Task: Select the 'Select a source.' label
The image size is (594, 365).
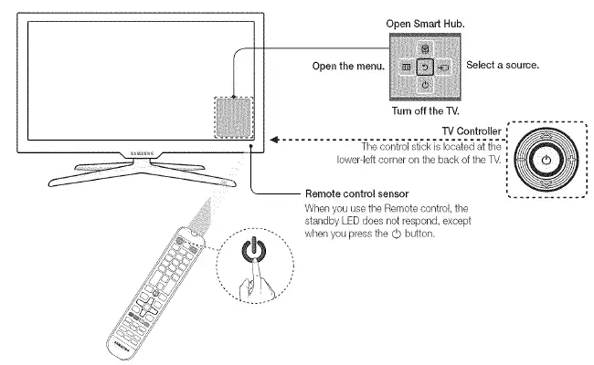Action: point(503,66)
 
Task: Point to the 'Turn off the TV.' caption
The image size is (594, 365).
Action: point(425,110)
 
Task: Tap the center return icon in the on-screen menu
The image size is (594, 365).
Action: point(424,67)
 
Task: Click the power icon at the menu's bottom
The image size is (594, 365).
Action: point(424,85)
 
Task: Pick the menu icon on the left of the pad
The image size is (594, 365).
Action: point(405,67)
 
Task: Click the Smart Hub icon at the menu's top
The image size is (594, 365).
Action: point(424,48)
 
